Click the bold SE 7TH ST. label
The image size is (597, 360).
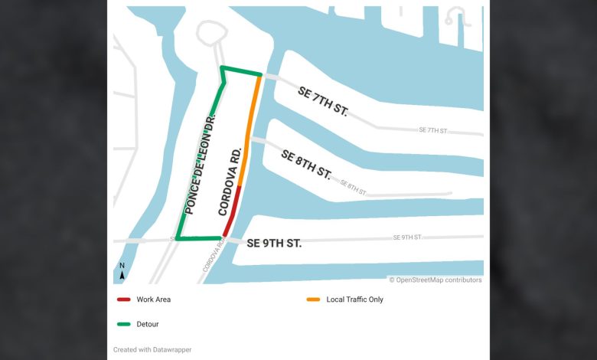(323, 102)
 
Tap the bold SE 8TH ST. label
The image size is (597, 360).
(306, 164)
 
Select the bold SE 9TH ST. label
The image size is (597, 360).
(274, 243)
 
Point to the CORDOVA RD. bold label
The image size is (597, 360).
(230, 182)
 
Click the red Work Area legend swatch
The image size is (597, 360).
(122, 299)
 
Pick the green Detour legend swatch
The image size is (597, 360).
(122, 324)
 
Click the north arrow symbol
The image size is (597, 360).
(122, 270)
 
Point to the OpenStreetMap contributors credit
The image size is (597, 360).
(436, 280)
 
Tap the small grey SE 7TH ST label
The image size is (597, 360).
(433, 130)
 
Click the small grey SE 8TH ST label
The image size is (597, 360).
(354, 187)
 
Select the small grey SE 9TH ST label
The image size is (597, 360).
(408, 237)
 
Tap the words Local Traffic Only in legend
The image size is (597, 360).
(354, 299)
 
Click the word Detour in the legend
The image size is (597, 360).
(148, 324)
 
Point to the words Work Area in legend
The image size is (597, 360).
(154, 299)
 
